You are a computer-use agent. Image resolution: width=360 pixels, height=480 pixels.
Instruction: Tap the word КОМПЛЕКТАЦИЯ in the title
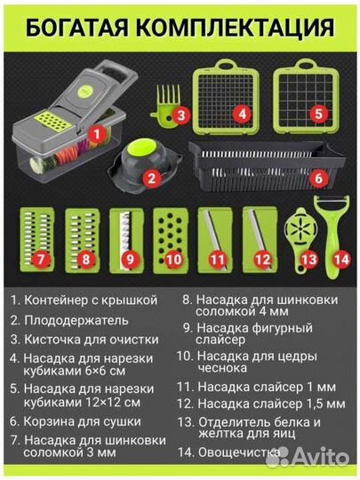239,26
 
